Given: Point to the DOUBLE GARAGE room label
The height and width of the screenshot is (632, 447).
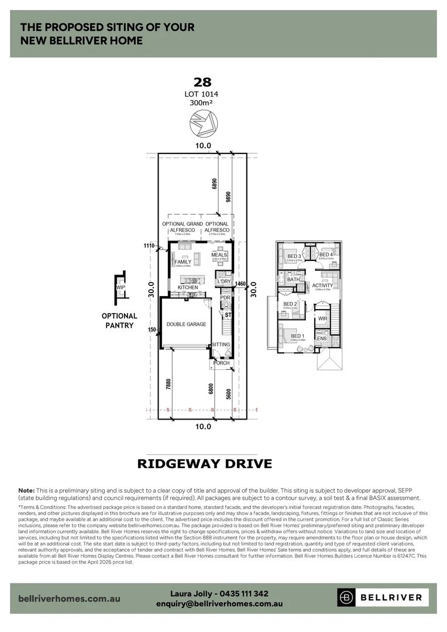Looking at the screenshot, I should point(186,324).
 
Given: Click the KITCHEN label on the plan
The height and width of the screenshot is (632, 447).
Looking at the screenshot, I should point(188,288).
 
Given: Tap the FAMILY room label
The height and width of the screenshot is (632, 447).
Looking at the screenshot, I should point(183,262).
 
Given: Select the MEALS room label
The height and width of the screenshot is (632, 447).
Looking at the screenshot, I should point(219,256).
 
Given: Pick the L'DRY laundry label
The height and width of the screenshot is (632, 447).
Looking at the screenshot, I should point(224,282).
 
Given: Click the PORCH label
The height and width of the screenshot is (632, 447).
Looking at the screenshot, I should point(221,363).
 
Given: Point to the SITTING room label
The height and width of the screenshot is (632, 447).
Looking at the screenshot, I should point(221,345).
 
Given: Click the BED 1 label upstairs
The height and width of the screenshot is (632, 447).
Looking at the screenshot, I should point(297,336).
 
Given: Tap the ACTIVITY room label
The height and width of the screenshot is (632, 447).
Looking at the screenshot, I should point(322,286).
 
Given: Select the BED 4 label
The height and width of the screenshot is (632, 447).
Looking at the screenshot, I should point(326,255).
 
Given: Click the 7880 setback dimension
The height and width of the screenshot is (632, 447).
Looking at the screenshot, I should point(169,384).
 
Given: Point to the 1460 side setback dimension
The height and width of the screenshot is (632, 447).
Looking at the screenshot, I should point(240,283).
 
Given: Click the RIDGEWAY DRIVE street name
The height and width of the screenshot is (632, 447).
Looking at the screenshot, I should point(204,464).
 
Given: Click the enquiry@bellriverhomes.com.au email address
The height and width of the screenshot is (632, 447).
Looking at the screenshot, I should point(219,603).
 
